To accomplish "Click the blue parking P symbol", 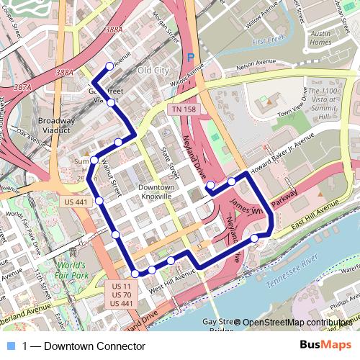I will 190,57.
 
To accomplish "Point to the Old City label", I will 153,71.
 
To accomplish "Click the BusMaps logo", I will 330,346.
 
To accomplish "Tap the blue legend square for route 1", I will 9,346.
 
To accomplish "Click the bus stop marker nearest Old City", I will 110,67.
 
